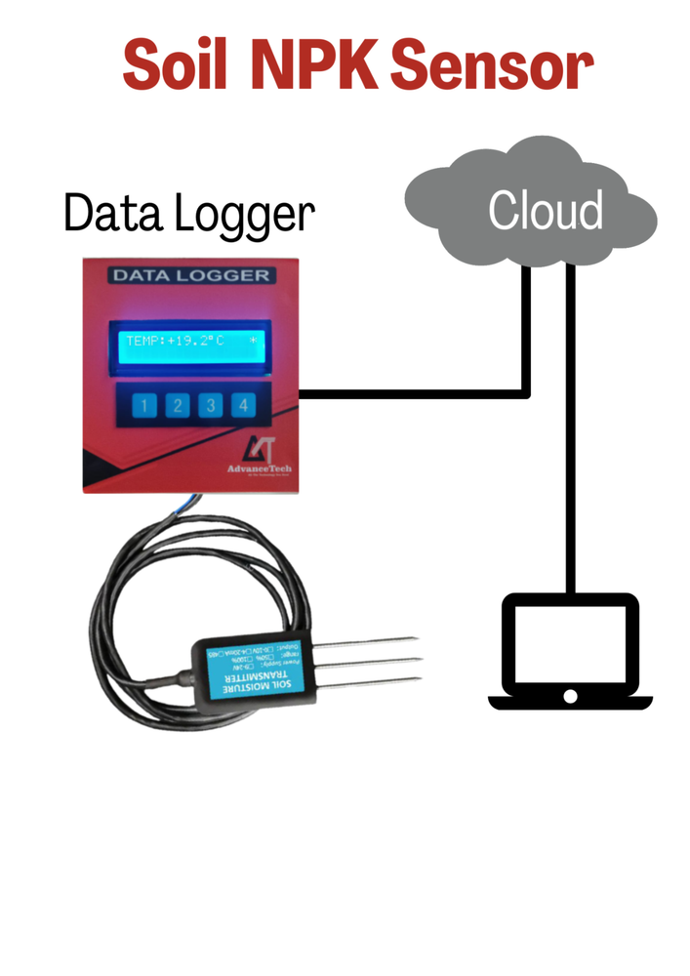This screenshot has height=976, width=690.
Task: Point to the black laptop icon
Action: click(569, 650)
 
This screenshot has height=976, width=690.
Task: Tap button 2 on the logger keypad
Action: click(177, 406)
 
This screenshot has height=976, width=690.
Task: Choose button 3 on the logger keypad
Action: click(209, 406)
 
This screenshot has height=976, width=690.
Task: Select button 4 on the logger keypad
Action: click(242, 406)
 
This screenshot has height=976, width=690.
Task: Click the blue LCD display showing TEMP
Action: click(191, 343)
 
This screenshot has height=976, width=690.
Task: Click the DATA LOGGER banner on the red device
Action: click(190, 275)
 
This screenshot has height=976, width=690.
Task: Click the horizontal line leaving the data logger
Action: click(410, 394)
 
